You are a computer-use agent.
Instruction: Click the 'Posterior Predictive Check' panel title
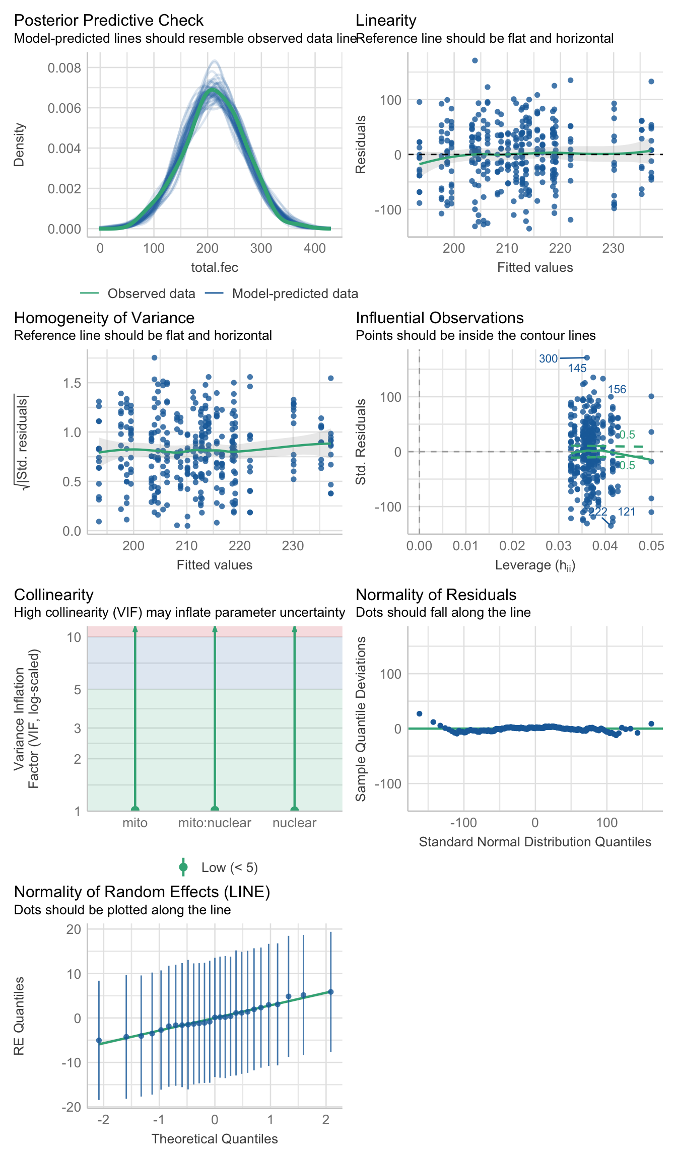(x=108, y=20)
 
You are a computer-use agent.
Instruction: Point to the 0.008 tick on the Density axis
(x=64, y=68)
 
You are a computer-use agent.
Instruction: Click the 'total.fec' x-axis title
(x=215, y=267)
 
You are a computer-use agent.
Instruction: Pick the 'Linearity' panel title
(x=386, y=20)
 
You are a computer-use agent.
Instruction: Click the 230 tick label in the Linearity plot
(x=613, y=248)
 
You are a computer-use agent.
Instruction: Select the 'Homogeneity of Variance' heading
(x=104, y=318)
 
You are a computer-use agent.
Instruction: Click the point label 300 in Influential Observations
(x=548, y=358)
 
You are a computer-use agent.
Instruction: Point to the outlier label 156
(x=617, y=389)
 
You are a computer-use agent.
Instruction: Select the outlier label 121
(x=626, y=512)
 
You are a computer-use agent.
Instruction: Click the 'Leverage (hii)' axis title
(x=535, y=565)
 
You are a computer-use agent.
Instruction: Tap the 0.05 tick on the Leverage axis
(x=651, y=546)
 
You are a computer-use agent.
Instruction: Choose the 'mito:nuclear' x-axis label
(x=215, y=823)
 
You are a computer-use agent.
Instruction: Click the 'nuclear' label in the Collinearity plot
(x=294, y=823)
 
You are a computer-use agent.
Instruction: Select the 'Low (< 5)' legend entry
(x=229, y=867)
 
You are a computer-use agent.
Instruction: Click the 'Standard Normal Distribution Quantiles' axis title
(x=535, y=842)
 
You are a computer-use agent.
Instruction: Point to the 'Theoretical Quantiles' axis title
(x=215, y=1139)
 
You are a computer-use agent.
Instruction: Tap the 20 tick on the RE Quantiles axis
(x=74, y=929)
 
